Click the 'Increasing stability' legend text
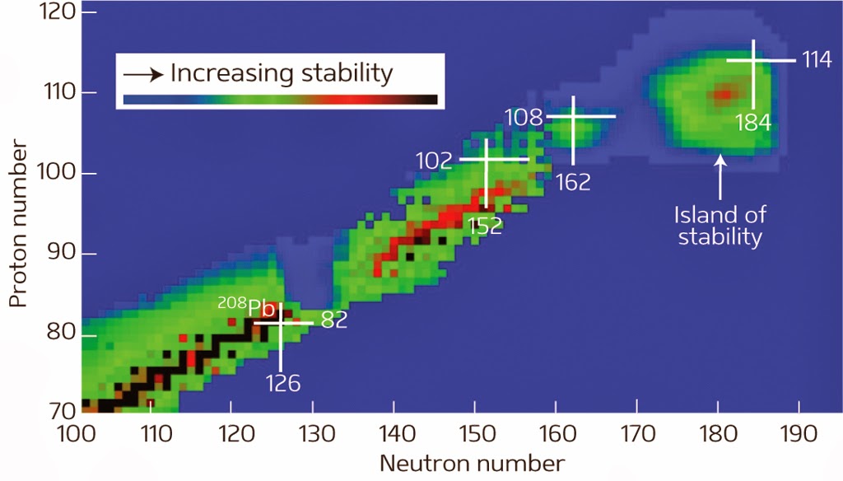coord(282,73)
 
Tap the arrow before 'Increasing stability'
coord(142,74)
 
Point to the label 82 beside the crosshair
coord(333,321)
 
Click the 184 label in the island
coord(753,123)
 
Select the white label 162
coord(573,182)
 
